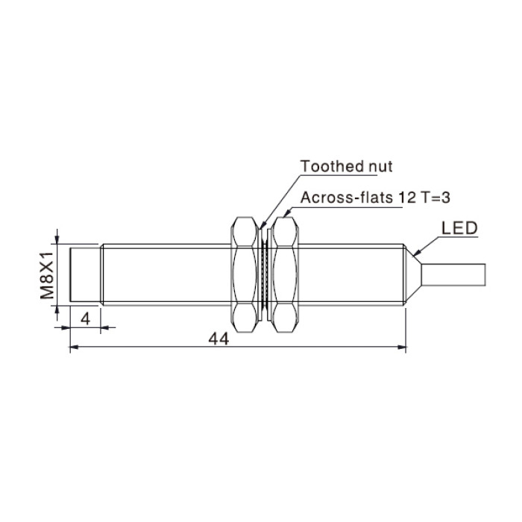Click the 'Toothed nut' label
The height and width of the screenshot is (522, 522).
[x=346, y=166]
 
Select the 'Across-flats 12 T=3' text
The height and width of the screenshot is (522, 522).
[x=375, y=198]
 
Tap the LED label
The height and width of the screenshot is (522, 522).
[x=459, y=228]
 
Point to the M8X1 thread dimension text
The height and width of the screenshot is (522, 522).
[x=47, y=275]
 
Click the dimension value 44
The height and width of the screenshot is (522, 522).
[x=218, y=339]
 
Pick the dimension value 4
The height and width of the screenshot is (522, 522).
[x=86, y=319]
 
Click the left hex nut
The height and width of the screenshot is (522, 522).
[x=245, y=274]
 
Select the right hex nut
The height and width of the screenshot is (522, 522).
[x=285, y=274]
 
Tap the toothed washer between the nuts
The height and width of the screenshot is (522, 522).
[x=265, y=274]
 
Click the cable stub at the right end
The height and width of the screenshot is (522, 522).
[x=453, y=274]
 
